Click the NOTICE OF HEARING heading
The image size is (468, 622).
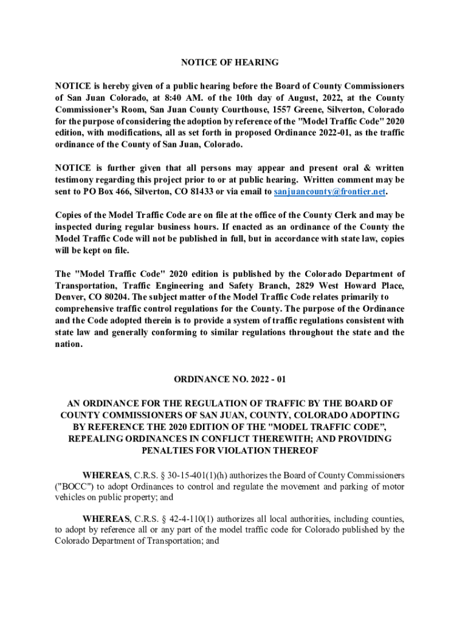click(230, 63)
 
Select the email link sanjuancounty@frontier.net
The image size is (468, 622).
click(329, 192)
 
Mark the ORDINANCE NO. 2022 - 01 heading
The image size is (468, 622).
click(230, 380)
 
